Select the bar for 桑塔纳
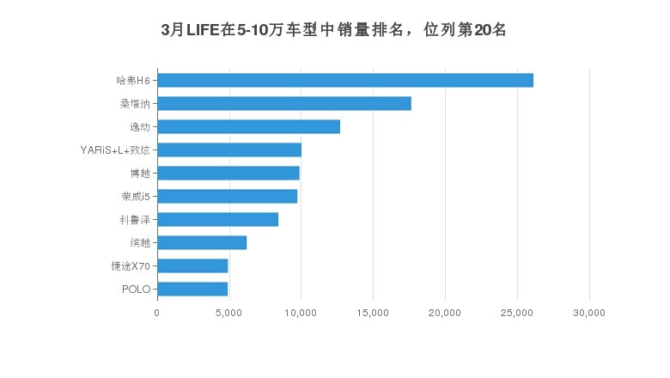(284, 104)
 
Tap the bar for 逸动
(248, 127)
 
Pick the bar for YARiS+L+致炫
(229, 150)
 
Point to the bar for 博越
(228, 174)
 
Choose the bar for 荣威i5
(227, 197)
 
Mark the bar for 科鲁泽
(217, 220)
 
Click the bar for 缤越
(202, 243)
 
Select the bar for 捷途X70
(192, 265)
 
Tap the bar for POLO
(192, 289)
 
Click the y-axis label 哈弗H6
(133, 81)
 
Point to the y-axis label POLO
(137, 289)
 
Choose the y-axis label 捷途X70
(131, 265)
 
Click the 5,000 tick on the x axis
(228, 314)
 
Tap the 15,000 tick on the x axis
(373, 314)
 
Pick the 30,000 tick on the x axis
(589, 314)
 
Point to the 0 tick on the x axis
(157, 314)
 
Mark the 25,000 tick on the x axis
(517, 314)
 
